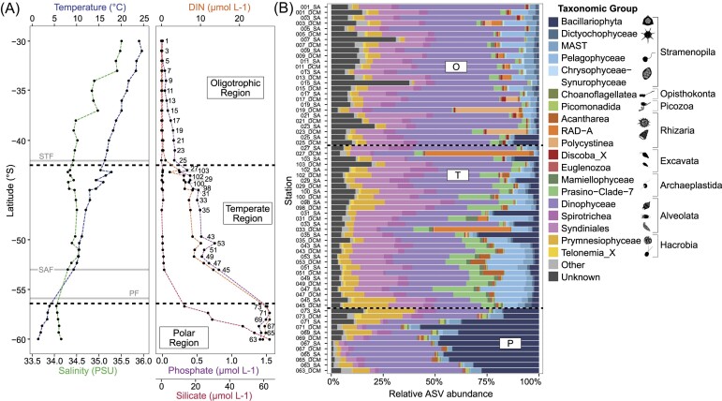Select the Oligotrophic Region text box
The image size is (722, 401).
tap(234, 89)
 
